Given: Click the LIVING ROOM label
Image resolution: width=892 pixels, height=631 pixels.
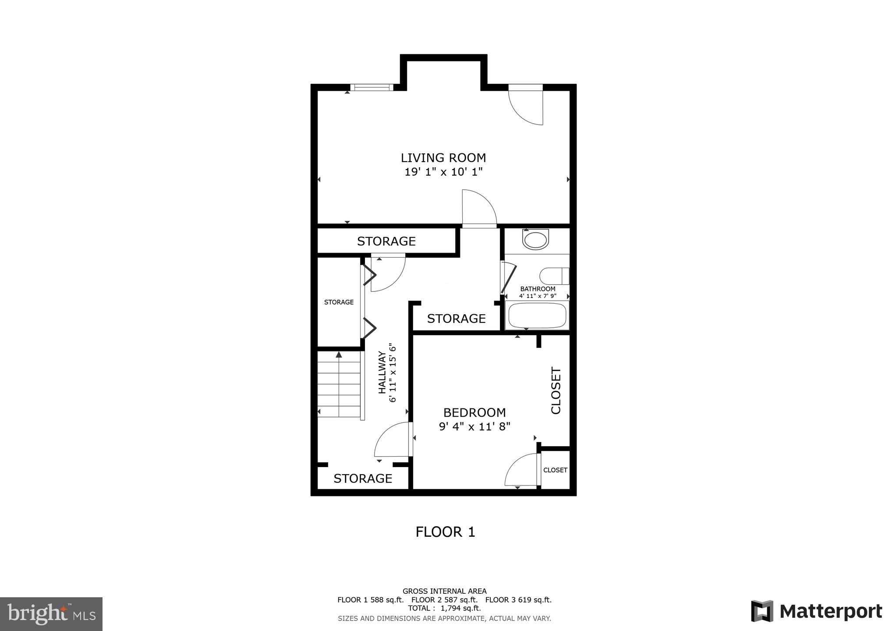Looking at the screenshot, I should tap(443, 158).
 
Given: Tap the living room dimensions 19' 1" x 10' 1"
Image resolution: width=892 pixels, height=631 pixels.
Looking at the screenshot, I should tap(443, 172).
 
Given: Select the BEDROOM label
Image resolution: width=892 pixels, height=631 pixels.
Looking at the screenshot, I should tap(474, 412).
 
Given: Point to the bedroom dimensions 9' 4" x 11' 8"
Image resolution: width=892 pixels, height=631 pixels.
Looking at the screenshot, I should tap(474, 426).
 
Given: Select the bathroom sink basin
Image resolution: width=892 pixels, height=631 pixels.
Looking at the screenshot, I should tap(535, 240).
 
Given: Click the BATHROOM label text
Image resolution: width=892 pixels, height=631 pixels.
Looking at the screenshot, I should tap(538, 289).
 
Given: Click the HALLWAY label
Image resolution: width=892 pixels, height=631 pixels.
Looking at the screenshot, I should tap(382, 372).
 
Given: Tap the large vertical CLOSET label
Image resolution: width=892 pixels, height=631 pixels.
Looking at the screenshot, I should tap(556, 390).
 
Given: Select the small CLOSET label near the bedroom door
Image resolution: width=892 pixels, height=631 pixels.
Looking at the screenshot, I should tap(555, 470).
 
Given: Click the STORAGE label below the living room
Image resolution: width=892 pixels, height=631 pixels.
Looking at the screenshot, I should tap(386, 241).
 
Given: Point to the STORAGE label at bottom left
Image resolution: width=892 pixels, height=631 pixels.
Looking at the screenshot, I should tap(363, 478).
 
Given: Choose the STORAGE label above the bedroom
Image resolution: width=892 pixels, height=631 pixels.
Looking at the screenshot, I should tap(456, 319).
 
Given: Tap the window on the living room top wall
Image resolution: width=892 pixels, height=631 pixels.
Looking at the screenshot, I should tap(372, 87).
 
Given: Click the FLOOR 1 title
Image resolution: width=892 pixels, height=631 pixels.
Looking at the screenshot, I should tap(445, 532).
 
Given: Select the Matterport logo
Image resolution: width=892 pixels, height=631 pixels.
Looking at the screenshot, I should tap(816, 611).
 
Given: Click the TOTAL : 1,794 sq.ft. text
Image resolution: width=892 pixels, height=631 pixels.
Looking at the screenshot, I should tap(444, 608).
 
